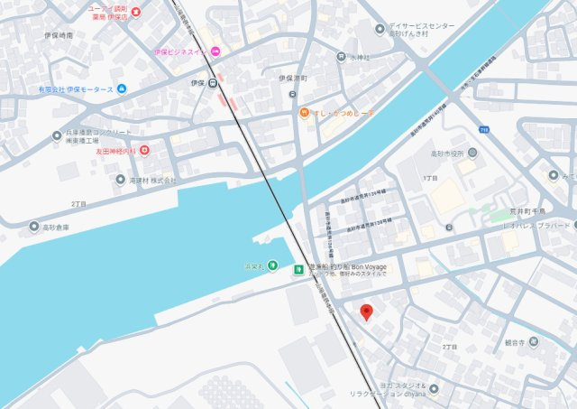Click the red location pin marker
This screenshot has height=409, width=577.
click(x=366, y=312)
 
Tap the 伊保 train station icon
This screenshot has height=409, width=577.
click(x=212, y=83)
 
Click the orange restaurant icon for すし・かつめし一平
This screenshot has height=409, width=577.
click(x=306, y=113)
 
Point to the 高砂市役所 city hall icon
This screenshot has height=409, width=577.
click(x=472, y=152)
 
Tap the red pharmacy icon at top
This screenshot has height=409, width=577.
click(x=136, y=12)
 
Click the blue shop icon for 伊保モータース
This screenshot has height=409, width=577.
click(x=122, y=88)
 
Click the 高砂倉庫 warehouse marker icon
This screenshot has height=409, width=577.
click(x=34, y=227)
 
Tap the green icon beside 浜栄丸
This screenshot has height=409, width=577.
click(x=298, y=269)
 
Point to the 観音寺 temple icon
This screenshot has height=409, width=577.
click(x=536, y=341)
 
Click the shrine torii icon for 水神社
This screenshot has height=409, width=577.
click(x=340, y=56)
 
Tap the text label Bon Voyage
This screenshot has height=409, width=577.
click(x=372, y=268)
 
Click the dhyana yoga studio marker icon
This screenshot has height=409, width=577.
click(x=434, y=389)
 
